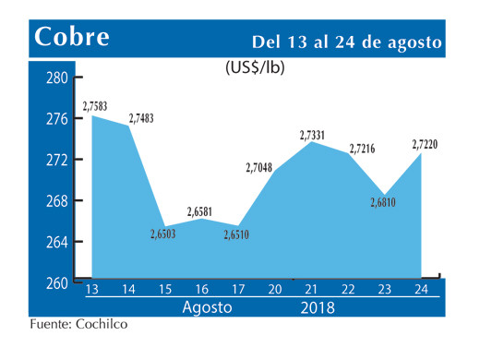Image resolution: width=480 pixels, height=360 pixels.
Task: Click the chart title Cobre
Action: click(x=72, y=37)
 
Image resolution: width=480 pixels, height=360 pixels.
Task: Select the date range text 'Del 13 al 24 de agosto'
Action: click(x=348, y=42)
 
